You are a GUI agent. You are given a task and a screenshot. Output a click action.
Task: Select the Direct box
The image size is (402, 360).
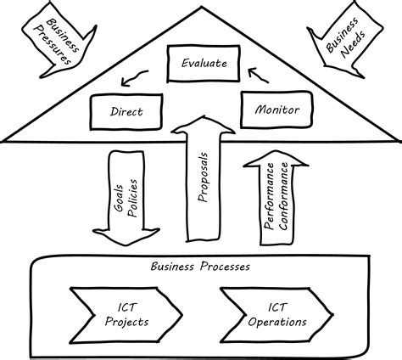point(126,110)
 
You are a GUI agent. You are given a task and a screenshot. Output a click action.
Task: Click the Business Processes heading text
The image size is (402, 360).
point(200,265)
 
